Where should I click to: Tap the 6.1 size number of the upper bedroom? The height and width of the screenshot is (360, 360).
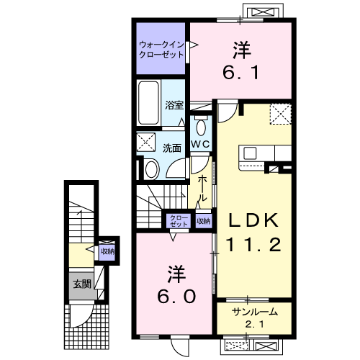tap(241, 72)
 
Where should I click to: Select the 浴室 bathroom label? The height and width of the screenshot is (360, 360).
tap(174, 105)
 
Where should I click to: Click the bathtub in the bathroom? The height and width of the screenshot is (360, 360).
tap(149, 102)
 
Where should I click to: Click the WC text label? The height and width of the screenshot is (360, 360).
tap(201, 144)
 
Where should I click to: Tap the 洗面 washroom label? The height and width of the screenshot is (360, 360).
tap(172, 148)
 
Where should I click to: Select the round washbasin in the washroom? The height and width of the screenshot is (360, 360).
tap(152, 169)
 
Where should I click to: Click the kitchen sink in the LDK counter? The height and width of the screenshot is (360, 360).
tap(250, 153)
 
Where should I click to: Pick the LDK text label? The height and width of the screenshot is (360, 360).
tap(253, 220)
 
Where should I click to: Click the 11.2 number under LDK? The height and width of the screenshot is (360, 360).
tap(253, 244)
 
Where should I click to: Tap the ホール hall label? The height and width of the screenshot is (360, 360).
tap(202, 188)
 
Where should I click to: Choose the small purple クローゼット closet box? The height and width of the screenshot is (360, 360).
tap(179, 221)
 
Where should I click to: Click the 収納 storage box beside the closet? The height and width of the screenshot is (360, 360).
tap(204, 221)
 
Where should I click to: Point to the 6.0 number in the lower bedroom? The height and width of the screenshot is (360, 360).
tap(176, 296)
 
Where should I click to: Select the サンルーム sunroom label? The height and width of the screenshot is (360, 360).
tap(255, 312)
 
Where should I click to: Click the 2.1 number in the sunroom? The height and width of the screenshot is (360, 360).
tap(255, 325)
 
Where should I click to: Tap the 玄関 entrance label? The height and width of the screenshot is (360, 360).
tap(82, 284)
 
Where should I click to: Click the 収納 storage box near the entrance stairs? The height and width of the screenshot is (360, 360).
tap(107, 251)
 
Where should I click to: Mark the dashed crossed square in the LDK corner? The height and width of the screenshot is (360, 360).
tap(281, 114)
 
